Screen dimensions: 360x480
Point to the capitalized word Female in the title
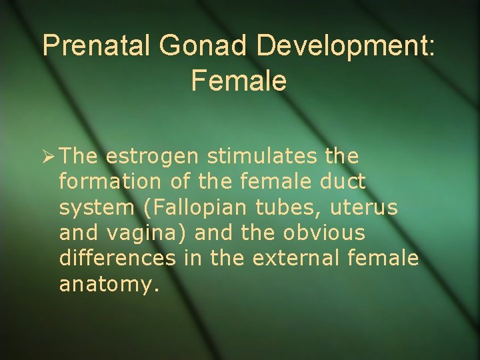(239, 81)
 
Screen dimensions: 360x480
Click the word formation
(102, 182)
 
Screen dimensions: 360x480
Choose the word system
(96, 208)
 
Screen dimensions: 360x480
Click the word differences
(117, 258)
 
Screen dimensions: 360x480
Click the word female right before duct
(276, 182)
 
